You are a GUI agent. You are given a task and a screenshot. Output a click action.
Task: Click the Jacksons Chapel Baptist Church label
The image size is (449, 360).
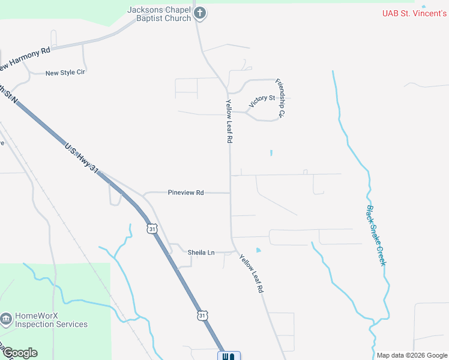[x=159, y=13]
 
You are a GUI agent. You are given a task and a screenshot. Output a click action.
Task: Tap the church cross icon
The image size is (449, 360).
[x=200, y=13]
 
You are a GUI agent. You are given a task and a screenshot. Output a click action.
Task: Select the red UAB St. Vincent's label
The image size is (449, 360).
[x=415, y=13]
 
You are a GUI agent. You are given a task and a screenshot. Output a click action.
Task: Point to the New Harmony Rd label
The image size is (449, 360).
[x=25, y=59]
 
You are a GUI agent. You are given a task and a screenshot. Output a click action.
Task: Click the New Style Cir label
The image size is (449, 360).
[x=65, y=73]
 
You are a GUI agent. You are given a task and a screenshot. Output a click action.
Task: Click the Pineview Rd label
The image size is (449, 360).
[x=185, y=193]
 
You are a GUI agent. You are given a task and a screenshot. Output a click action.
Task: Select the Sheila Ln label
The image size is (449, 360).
[x=201, y=253]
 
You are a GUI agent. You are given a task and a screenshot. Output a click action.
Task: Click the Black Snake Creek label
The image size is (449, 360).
[x=376, y=236]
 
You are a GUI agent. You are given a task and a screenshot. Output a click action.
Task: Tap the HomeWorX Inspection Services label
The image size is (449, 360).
[x=51, y=320]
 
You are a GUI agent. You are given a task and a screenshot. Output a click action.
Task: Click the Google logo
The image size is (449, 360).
[x=20, y=353]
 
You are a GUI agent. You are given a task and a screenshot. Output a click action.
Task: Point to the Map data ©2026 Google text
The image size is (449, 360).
[x=411, y=355]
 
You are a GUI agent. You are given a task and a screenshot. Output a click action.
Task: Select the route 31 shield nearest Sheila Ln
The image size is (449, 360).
[x=152, y=229]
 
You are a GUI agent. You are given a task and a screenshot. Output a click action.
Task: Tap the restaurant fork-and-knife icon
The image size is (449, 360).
[x=229, y=356]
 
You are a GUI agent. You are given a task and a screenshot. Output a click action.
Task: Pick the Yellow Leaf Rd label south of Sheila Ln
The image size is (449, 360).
[x=252, y=273]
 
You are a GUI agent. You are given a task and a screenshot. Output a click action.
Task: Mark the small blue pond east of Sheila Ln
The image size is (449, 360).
[x=259, y=250]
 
